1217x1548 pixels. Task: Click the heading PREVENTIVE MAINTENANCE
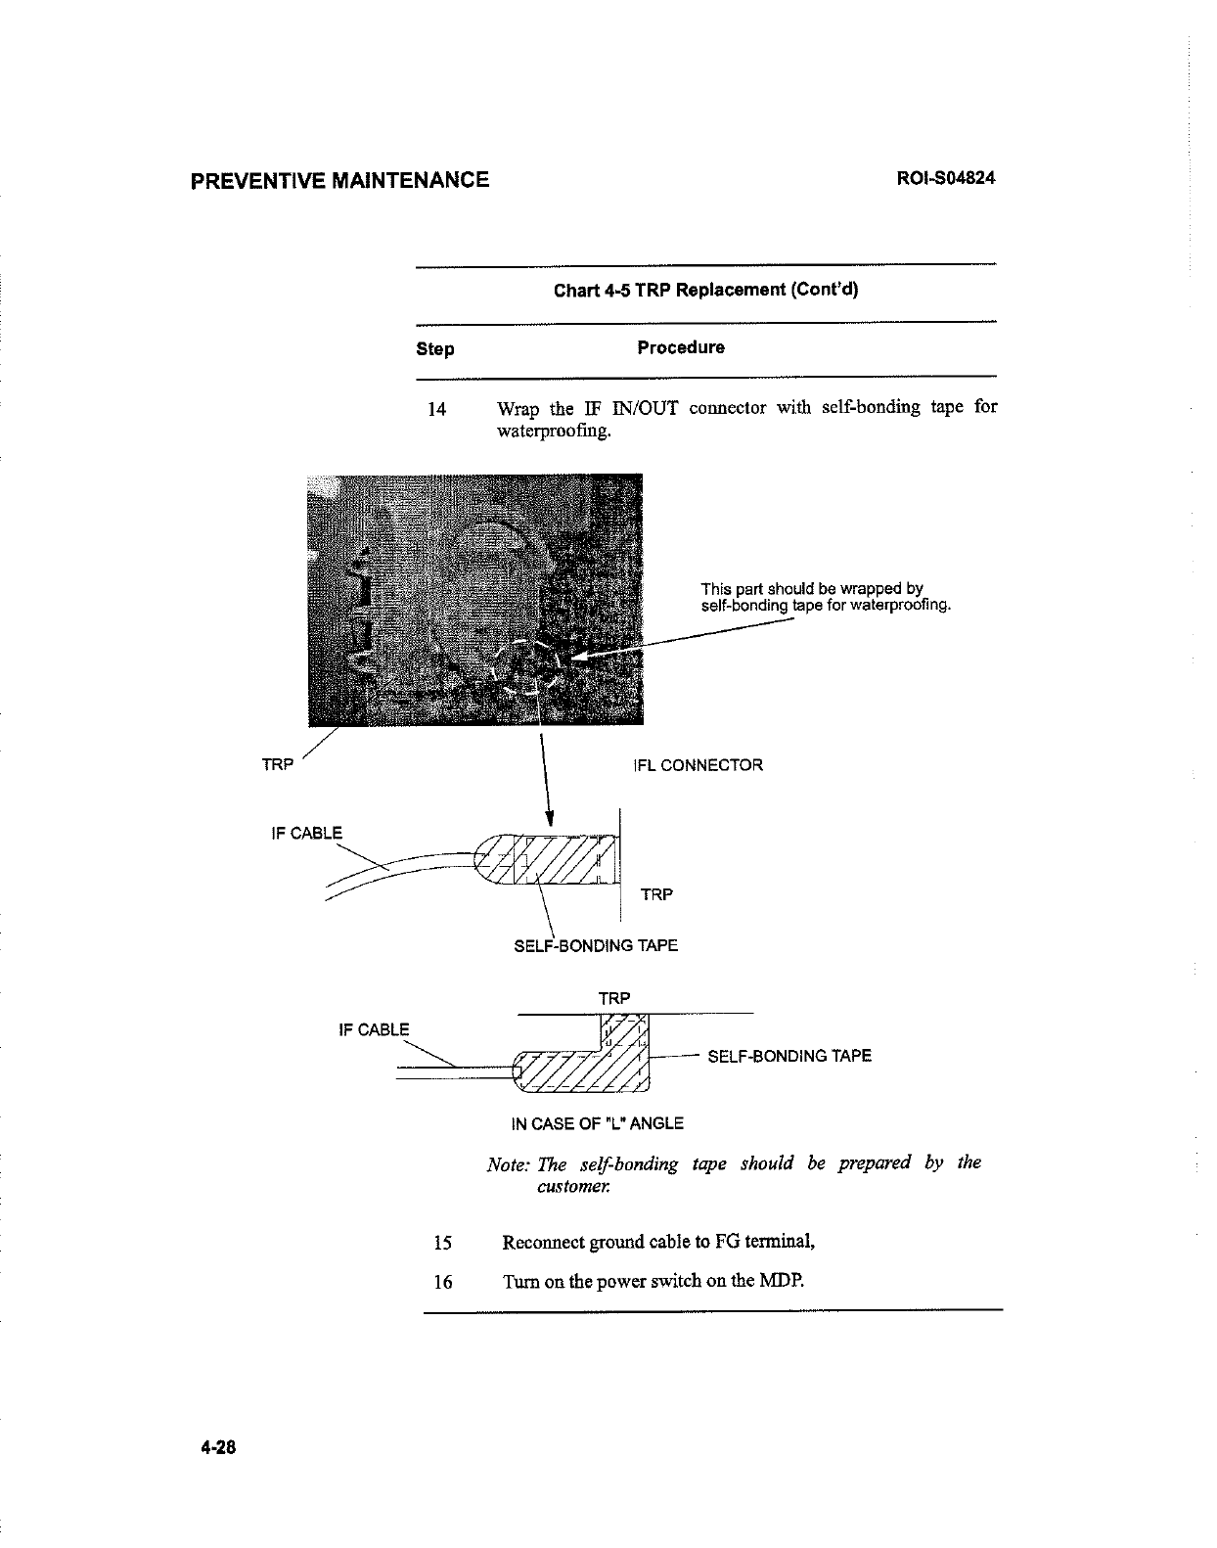(339, 181)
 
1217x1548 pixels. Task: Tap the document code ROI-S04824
(947, 180)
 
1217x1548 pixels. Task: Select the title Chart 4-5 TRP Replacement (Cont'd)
(705, 291)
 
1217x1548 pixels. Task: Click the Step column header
(434, 349)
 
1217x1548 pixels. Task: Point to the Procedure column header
(681, 347)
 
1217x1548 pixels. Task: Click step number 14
(437, 409)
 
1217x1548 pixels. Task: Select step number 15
(442, 1244)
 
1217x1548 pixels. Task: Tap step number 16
(442, 1282)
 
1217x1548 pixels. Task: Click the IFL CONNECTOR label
(699, 765)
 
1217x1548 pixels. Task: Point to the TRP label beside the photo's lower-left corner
(277, 765)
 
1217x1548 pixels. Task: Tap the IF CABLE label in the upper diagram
(306, 834)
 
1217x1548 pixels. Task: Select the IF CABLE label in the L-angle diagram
(373, 1029)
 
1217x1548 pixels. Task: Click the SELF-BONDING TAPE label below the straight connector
(596, 946)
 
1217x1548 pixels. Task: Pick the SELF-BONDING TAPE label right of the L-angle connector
(789, 1056)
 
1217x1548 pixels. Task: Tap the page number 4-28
(214, 1448)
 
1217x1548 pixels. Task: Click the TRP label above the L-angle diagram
(614, 998)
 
